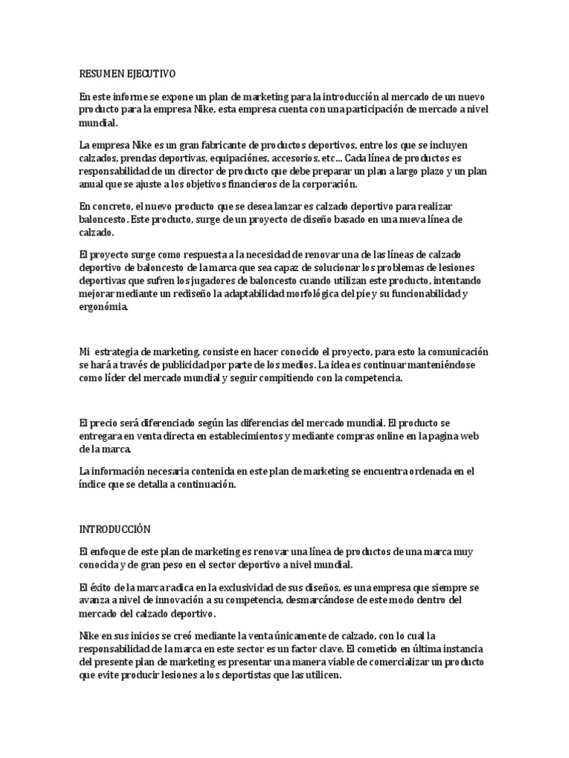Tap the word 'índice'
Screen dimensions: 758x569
pos(93,484)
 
